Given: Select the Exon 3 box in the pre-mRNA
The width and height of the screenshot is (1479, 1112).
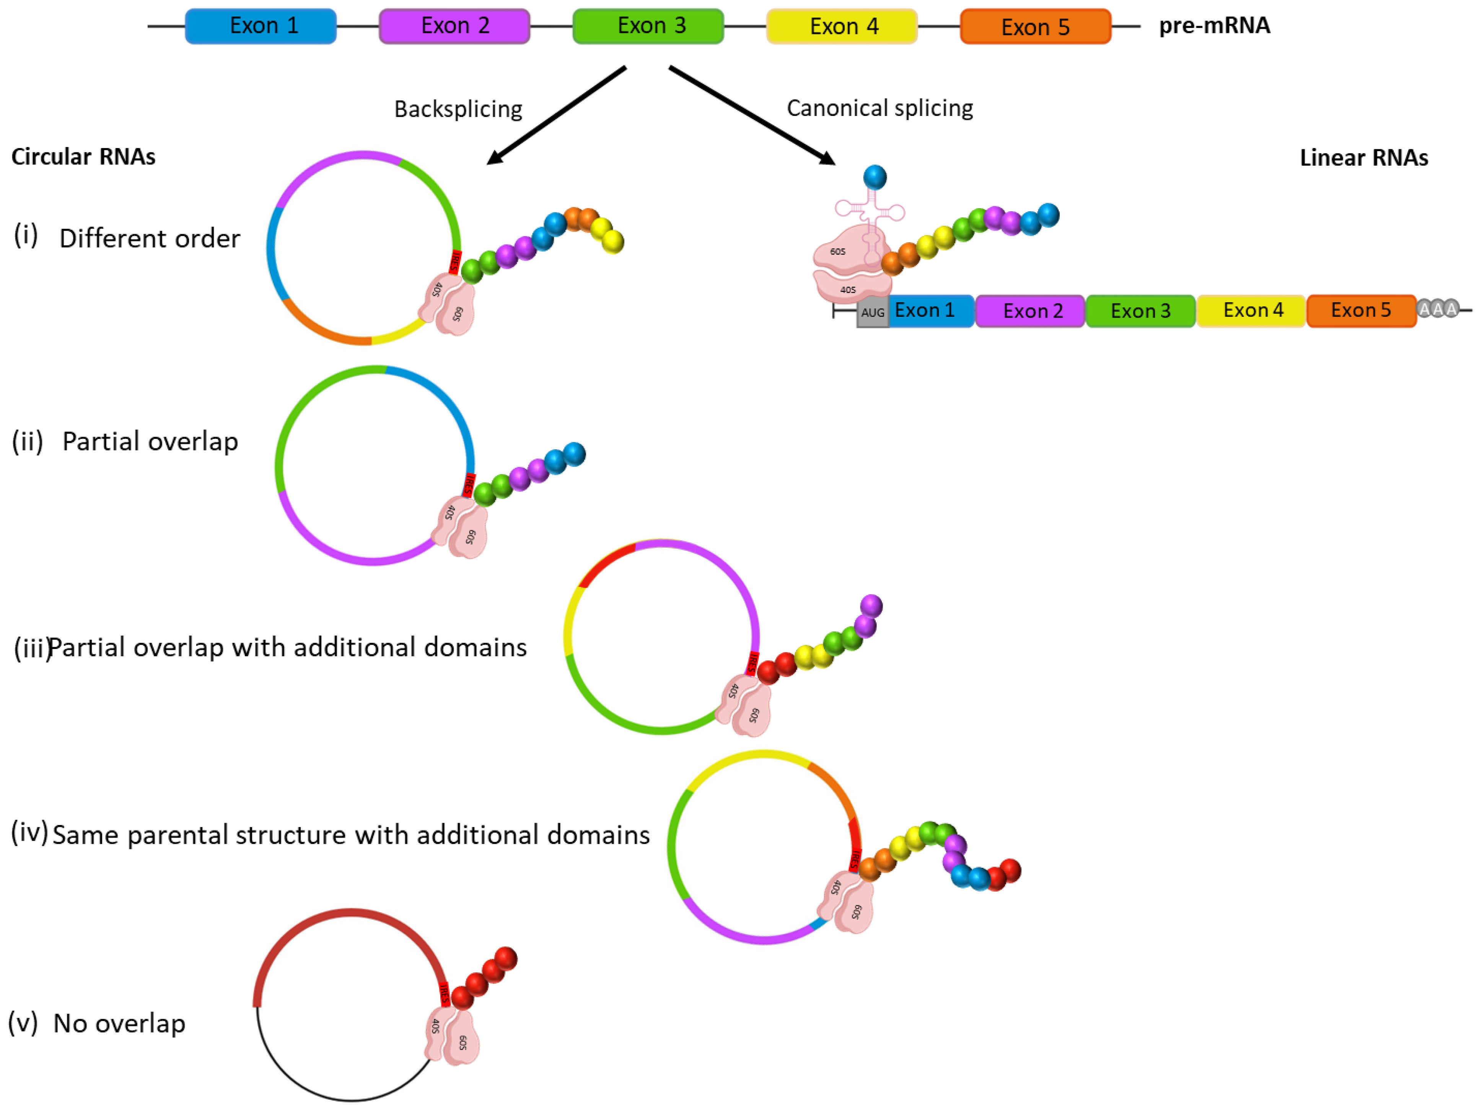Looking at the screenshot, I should point(648,26).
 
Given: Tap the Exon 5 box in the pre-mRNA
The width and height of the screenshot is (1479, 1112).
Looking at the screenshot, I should point(1035,27).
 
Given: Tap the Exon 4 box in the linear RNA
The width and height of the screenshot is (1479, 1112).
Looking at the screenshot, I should point(1253,310).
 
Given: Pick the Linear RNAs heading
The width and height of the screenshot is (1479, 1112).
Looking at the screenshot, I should point(1363,158).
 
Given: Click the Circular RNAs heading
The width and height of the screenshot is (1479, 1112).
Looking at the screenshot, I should point(83,157).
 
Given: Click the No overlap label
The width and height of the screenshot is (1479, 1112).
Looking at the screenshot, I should point(119,1023).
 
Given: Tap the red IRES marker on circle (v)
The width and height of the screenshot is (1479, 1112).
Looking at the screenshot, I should point(444,994).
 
